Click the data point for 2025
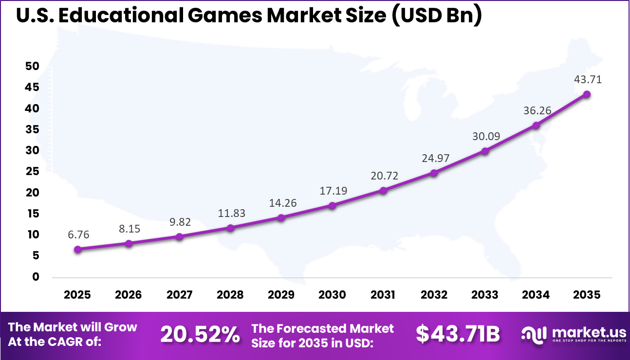[x=78, y=249]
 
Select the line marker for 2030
[x=332, y=205]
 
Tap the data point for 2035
[x=587, y=94]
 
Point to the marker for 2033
[x=485, y=151]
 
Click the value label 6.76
[x=78, y=234]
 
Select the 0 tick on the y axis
[x=35, y=277]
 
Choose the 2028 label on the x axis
[x=230, y=295]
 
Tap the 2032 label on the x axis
[x=434, y=295]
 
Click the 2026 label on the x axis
[x=129, y=295]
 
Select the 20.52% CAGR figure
[x=200, y=334]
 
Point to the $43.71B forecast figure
[x=458, y=334]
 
